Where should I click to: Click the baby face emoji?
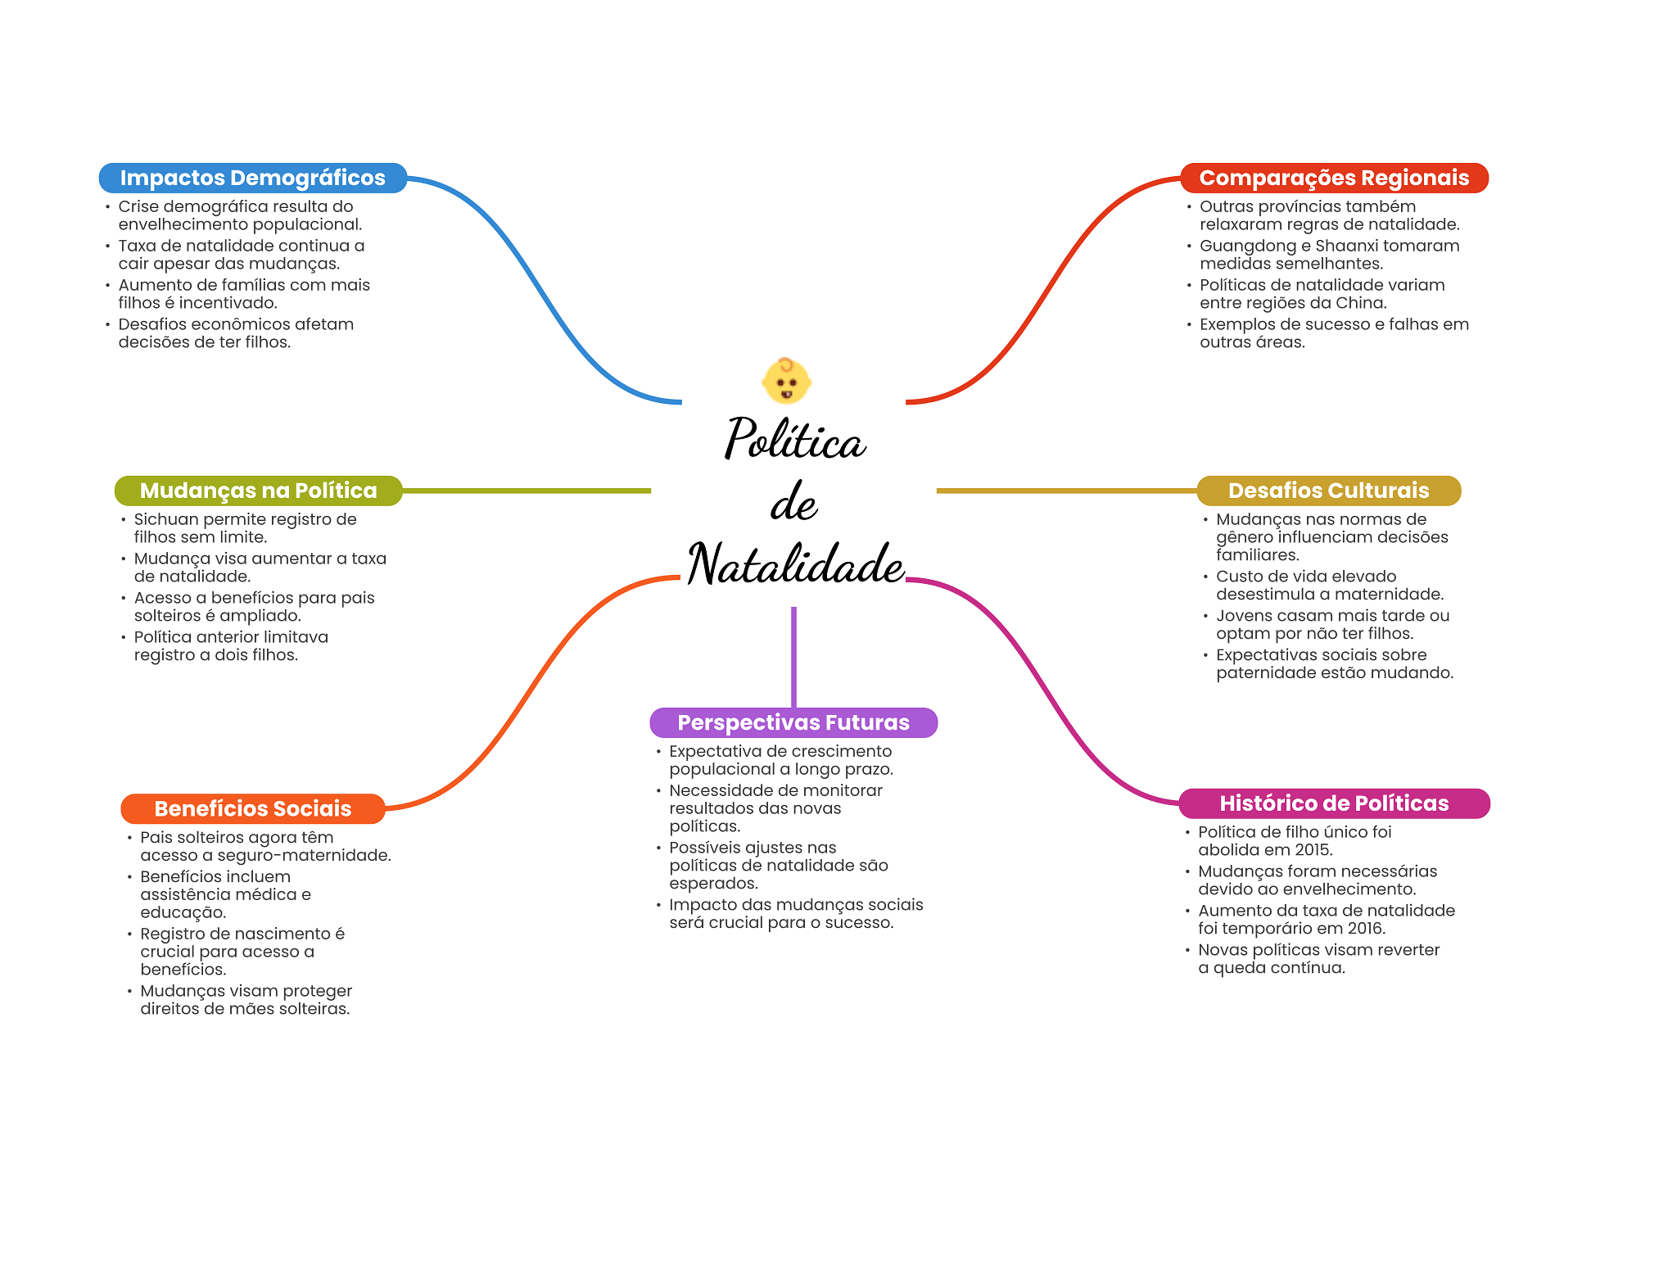[786, 382]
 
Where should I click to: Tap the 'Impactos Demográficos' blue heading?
[252, 178]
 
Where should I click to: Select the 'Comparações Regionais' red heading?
[1334, 178]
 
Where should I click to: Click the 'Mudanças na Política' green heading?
[258, 491]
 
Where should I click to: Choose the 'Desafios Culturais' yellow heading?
[1328, 491]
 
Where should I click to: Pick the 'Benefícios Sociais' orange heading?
[252, 808]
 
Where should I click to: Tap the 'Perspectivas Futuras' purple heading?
[793, 722]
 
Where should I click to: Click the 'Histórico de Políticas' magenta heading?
[1334, 803]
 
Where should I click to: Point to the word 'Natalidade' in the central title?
[796, 564]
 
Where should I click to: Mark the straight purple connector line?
[793, 655]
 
